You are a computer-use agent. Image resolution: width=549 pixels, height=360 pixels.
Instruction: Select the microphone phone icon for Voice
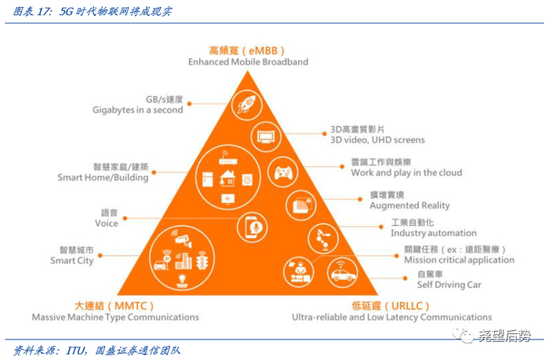click(x=251, y=227)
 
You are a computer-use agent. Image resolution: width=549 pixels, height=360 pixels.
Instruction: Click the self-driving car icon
click(x=342, y=272)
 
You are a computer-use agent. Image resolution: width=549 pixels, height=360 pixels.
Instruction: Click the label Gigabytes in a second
click(x=138, y=111)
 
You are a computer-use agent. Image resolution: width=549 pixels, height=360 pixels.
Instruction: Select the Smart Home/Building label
click(x=103, y=178)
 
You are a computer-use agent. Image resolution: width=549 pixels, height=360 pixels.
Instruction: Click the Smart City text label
click(x=71, y=260)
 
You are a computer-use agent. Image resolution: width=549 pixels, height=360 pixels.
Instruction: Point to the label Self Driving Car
click(x=449, y=285)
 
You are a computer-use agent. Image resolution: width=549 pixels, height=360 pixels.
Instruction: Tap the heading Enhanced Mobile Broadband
click(x=248, y=62)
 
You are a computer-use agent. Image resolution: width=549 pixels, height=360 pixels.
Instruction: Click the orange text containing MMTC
click(x=114, y=304)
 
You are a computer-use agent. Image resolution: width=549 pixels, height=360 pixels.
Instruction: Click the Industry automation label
click(x=433, y=233)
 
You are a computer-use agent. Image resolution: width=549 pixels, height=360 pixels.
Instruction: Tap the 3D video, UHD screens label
click(x=376, y=140)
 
